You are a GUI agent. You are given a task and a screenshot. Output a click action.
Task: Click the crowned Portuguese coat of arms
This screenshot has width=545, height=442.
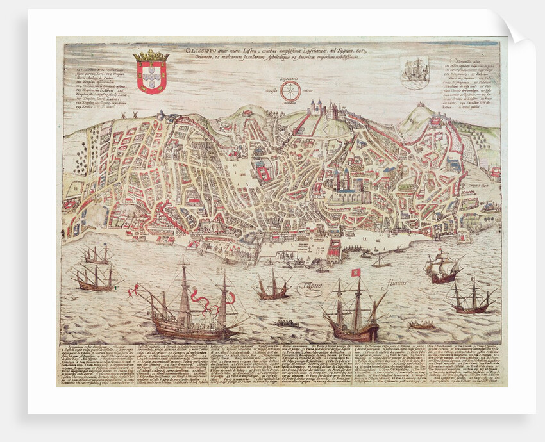[x=151, y=72]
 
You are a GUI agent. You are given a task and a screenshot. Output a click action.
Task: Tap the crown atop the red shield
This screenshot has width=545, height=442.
[x=151, y=56]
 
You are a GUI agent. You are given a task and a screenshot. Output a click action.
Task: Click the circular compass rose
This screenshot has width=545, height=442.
[x=290, y=92]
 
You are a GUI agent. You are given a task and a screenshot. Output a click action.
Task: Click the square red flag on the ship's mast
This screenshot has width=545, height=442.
[x=356, y=272]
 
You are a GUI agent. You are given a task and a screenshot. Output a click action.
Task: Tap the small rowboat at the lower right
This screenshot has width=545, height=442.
[x=421, y=325]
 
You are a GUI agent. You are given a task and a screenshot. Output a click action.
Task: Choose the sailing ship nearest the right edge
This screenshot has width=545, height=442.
[x=471, y=298]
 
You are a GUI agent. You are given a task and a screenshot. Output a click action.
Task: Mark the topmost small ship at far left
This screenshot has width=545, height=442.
[x=96, y=255]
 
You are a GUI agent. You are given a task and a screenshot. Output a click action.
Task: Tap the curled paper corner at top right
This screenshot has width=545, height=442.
[x=516, y=26]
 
